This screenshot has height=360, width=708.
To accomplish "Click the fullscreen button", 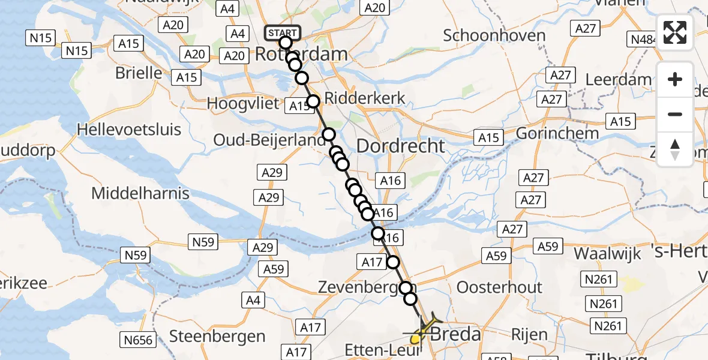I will pos(675,32).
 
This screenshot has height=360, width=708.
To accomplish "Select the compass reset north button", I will pos(675,149).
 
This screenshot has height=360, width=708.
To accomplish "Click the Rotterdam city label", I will pos(301,54).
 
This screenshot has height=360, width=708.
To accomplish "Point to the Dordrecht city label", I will pos(401,146).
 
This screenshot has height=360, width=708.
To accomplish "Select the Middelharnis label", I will pos(140,193).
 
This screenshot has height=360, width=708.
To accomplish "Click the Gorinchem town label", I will pos(557,133).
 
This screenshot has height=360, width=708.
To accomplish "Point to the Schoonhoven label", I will pos(494,35).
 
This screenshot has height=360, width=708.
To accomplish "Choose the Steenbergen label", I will pos(217,336).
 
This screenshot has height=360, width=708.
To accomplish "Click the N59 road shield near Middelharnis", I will pos(203,242).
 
